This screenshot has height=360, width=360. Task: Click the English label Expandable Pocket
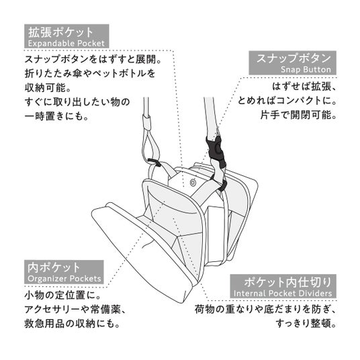[66, 43]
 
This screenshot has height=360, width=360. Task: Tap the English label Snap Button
[306, 69]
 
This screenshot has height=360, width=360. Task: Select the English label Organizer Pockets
[64, 279]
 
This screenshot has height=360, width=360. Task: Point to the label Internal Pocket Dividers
[283, 294]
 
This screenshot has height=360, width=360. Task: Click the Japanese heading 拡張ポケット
[60, 32]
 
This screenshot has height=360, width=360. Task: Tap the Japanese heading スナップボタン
[294, 58]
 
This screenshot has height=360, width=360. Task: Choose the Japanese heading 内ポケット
[54, 268]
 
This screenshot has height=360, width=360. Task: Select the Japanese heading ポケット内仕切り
[287, 282]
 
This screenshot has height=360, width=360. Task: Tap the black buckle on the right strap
[216, 150]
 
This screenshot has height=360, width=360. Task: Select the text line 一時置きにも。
[56, 116]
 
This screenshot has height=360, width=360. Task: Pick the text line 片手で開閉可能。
[298, 115]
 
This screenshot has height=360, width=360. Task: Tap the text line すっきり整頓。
[306, 324]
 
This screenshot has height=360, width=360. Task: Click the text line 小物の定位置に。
[62, 295]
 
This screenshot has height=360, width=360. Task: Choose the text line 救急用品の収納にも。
[72, 324]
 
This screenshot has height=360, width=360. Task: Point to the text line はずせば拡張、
[304, 87]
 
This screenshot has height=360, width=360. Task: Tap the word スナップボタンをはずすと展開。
[93, 59]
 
